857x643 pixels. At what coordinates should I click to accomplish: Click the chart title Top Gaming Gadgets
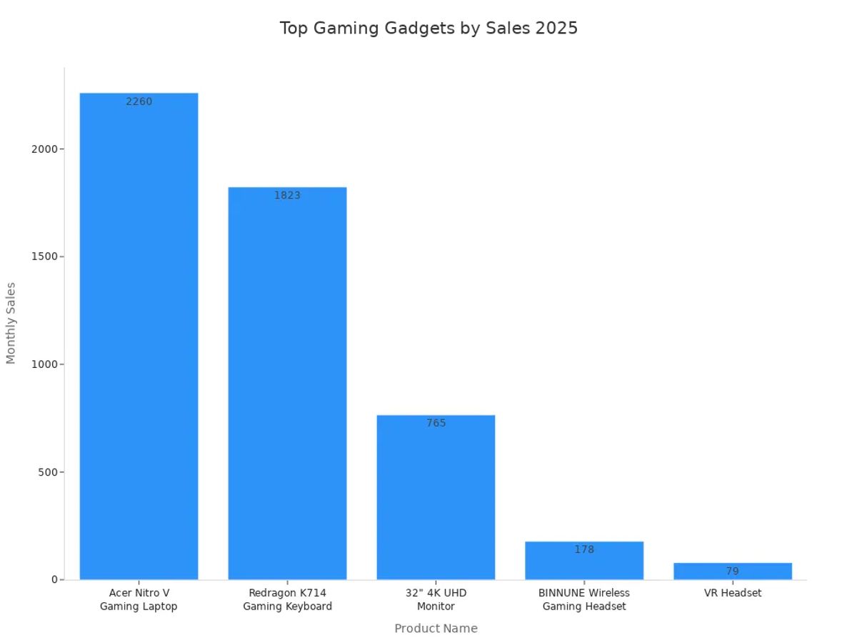coord(428,29)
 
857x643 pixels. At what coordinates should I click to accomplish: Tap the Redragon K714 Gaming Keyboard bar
coord(287,386)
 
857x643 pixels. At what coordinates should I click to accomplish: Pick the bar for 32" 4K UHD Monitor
coord(436,500)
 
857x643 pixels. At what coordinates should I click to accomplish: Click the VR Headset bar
coord(733,571)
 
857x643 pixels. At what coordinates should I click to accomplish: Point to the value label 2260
coord(139,101)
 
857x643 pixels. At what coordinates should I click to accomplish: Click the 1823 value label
coord(287,195)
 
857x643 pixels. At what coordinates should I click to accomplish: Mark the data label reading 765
coord(436,423)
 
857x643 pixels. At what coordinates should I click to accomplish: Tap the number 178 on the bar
coord(584,549)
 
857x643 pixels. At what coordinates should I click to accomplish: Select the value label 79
coord(733,572)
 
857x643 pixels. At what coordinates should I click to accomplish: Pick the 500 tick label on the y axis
coord(46,472)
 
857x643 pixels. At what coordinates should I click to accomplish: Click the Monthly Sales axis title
coord(11,323)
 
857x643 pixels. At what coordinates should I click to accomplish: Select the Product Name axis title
coord(436,629)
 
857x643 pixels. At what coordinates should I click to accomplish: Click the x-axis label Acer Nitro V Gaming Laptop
coord(139,599)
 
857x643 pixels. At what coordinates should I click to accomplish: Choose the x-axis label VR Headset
coord(733,593)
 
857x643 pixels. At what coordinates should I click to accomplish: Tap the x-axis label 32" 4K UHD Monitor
coord(436,599)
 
